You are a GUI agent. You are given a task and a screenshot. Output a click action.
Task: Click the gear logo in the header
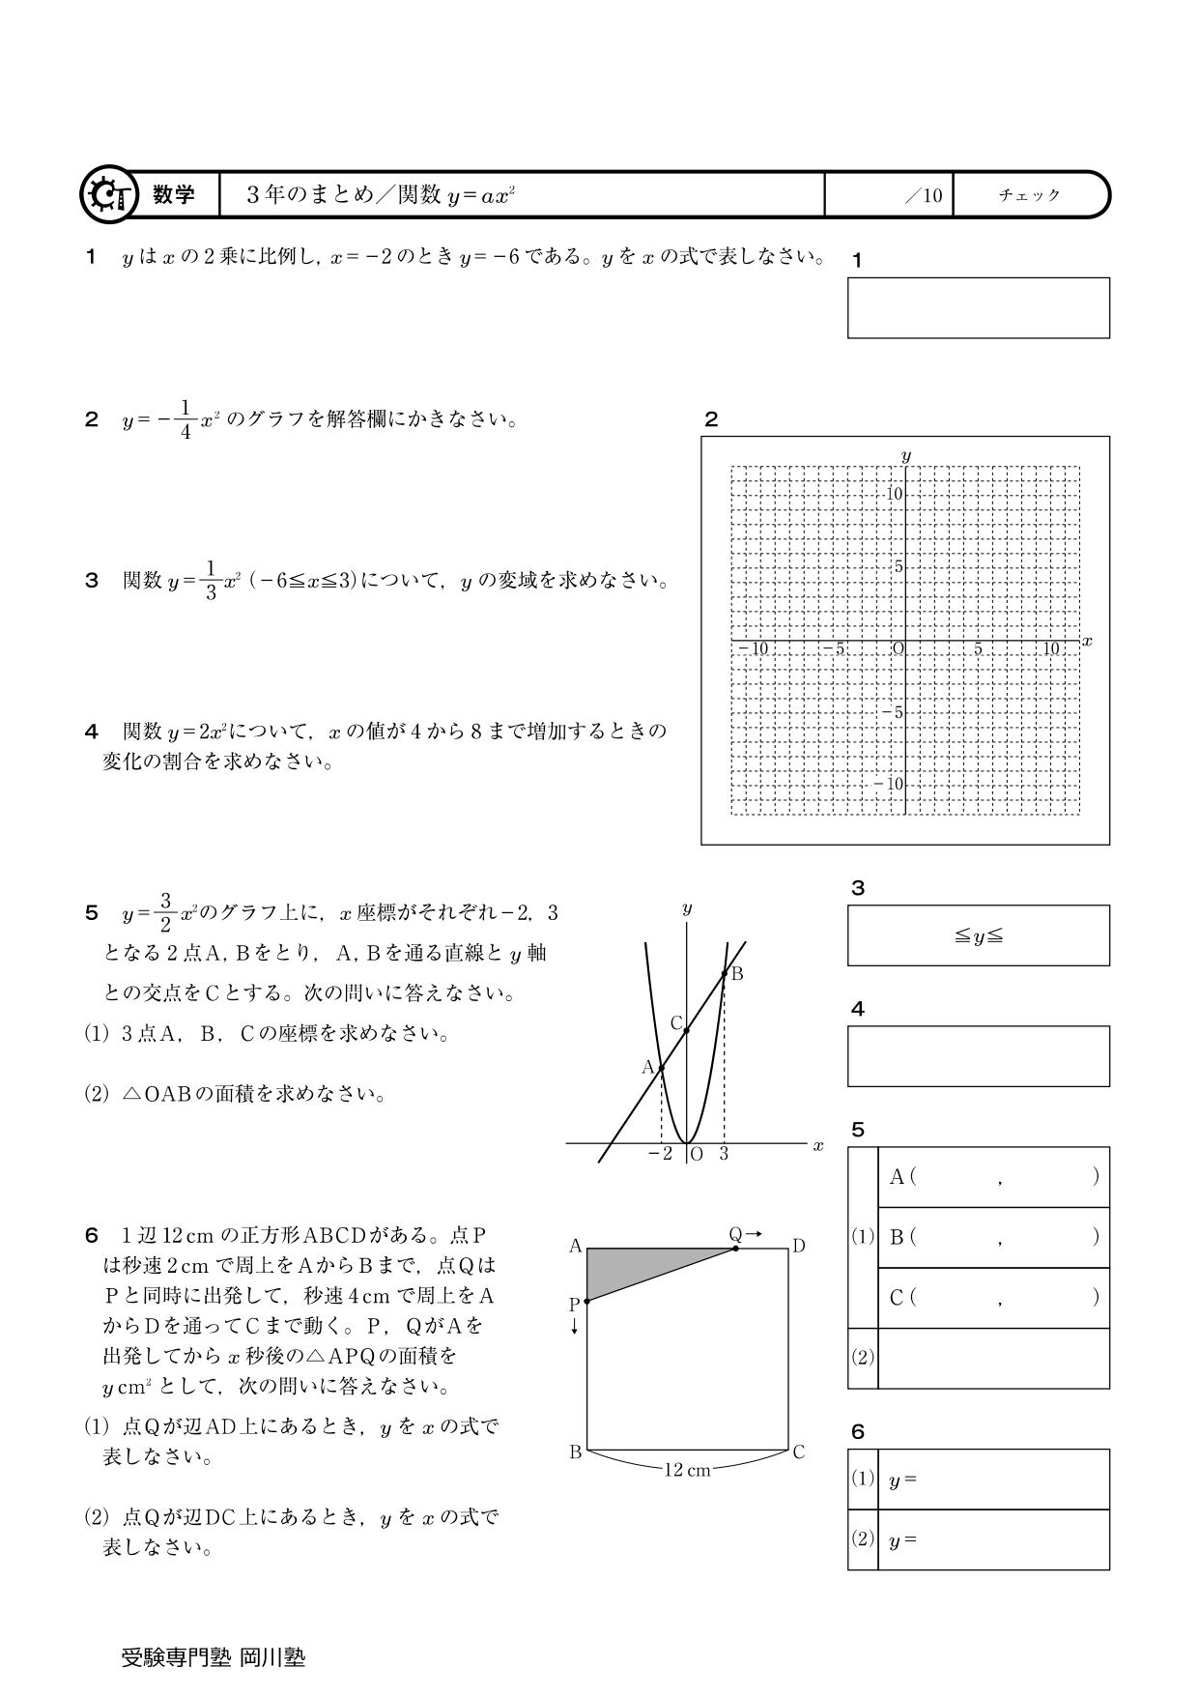(106, 195)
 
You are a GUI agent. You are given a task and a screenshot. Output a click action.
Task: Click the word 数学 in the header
(174, 195)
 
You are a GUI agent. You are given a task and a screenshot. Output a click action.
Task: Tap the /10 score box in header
(889, 195)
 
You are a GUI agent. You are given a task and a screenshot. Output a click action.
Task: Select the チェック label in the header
(1029, 195)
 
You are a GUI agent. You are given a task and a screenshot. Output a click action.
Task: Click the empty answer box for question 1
(978, 307)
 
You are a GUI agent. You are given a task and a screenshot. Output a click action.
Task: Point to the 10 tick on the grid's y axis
(895, 495)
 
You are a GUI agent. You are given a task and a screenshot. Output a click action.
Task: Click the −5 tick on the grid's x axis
(834, 648)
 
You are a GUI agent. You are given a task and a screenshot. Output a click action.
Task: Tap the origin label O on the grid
(898, 648)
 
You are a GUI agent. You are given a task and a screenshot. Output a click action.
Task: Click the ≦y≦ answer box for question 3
(978, 935)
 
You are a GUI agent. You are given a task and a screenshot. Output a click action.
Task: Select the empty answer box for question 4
(978, 1056)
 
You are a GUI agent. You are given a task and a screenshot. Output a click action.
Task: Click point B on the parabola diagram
(726, 973)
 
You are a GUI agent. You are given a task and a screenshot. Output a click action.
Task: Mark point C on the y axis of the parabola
(685, 1030)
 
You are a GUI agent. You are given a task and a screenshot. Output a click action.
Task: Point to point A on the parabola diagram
(661, 1068)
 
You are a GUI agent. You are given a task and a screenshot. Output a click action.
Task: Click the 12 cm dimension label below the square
(687, 1470)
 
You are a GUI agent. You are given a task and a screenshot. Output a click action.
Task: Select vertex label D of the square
(799, 1247)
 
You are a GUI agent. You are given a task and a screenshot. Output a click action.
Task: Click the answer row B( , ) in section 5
(993, 1237)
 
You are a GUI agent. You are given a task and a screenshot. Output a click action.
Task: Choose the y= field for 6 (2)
(993, 1539)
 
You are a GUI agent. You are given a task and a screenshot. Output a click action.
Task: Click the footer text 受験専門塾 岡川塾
(213, 1657)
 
